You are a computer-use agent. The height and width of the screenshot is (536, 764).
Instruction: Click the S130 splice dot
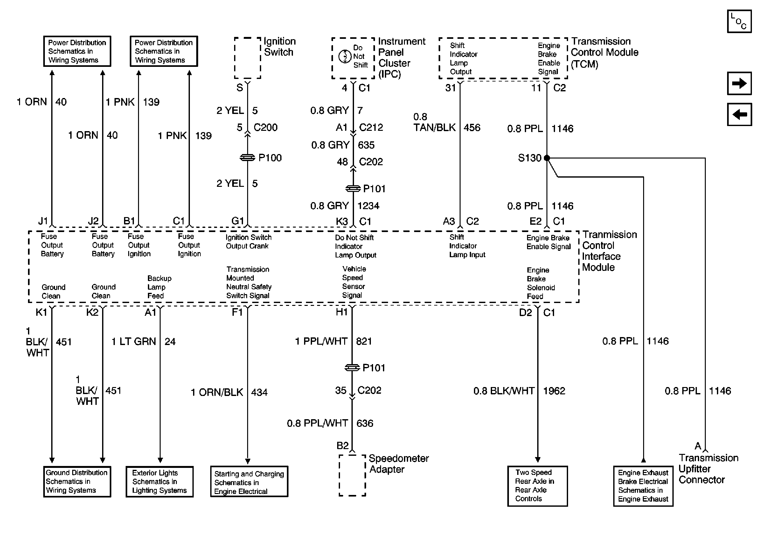coord(546,158)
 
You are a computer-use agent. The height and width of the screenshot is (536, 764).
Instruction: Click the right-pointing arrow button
coord(739,83)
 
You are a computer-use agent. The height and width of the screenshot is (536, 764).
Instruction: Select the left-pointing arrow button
coord(739,115)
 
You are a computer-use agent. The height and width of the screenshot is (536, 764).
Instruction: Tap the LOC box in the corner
coord(739,21)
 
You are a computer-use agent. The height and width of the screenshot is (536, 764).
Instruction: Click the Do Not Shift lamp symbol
coord(345,57)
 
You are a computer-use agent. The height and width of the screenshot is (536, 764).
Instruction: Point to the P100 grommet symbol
coord(247,158)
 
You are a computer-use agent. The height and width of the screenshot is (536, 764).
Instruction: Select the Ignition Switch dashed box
coord(247,58)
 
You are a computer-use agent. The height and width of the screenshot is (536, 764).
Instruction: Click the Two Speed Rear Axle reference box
coord(537,486)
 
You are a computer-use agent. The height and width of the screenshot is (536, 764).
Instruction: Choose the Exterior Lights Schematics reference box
coord(159,481)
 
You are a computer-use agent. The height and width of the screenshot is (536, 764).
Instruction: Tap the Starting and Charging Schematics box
coord(249,481)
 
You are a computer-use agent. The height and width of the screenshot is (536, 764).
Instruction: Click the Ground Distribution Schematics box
coord(77,481)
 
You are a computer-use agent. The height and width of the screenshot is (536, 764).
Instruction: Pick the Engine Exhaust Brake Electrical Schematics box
coord(643,486)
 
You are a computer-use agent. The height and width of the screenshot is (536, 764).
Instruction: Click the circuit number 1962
coord(554,391)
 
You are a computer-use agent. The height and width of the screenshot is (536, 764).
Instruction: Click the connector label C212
coord(371,127)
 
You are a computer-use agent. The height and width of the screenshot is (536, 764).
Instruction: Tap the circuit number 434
coord(259,392)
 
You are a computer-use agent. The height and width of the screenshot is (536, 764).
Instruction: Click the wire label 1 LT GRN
coord(134,341)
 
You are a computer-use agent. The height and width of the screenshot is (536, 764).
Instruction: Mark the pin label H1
coord(342,312)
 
